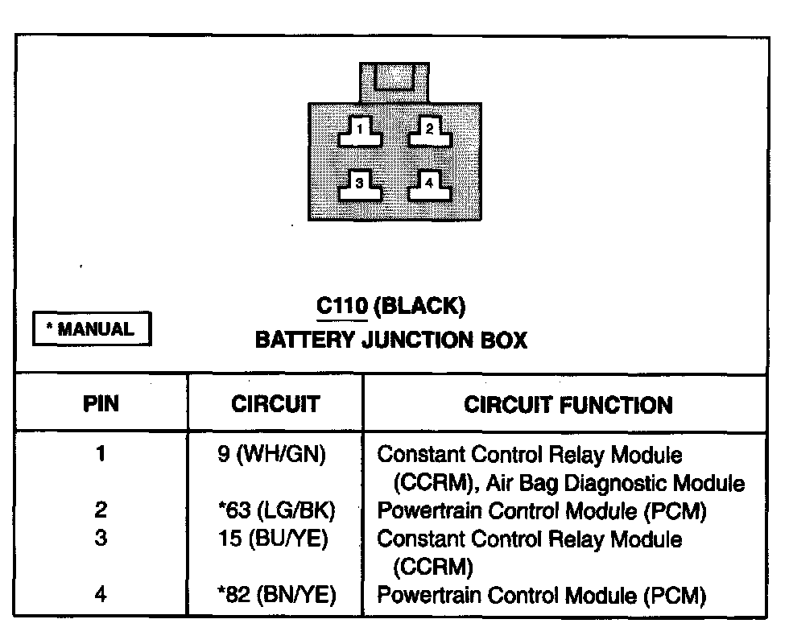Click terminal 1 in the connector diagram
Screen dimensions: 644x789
coord(360,130)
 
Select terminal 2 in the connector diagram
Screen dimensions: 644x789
coord(429,130)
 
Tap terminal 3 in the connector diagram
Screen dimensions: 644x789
coord(360,184)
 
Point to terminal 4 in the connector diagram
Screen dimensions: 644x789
coord(429,184)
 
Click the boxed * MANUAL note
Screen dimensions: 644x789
coord(92,329)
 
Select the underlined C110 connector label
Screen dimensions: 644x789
coord(342,306)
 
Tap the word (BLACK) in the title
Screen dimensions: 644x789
coord(420,306)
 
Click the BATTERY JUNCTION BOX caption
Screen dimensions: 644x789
coord(390,341)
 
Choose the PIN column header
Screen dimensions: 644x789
coord(101,403)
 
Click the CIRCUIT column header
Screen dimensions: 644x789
coord(275,403)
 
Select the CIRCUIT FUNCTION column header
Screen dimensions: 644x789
coord(568,404)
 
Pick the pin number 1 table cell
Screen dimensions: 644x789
coord(101,454)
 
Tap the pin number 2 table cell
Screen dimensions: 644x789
coord(101,510)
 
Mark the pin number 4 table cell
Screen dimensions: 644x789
coord(101,596)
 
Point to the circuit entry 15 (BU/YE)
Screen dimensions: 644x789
coord(273,539)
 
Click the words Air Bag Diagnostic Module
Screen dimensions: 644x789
coord(616,484)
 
